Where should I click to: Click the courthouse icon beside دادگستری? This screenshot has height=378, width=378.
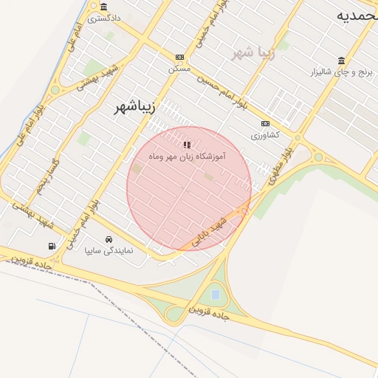[103, 7]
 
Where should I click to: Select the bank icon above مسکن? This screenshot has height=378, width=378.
[179, 57]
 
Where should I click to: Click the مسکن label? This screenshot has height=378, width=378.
[179, 68]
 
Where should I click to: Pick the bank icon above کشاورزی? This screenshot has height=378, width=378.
[265, 123]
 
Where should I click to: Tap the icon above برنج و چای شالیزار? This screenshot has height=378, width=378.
[340, 61]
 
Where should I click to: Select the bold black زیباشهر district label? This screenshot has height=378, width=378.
[135, 108]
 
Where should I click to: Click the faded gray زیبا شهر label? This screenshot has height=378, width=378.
[253, 53]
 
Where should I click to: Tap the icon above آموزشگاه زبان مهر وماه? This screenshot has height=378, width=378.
[187, 145]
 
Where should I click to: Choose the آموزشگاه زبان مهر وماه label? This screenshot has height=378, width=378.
[186, 157]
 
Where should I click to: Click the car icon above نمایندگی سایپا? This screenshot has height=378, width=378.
[109, 239]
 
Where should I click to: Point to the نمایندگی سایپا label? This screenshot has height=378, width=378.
[109, 251]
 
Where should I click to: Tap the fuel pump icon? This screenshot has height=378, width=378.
[51, 246]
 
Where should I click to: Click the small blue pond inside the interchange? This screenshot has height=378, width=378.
[215, 295]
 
